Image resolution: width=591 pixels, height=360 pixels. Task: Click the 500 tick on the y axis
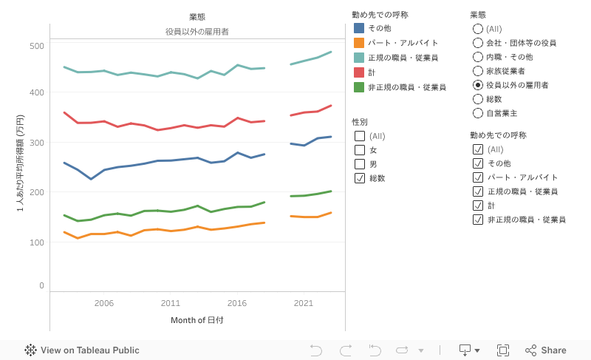coord(36,46)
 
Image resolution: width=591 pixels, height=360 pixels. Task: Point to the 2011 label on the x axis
coord(171,303)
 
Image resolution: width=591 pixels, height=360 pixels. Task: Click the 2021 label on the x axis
coord(304,303)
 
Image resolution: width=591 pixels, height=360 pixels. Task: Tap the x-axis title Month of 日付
coord(197,320)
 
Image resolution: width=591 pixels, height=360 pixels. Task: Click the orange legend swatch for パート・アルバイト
coord(359,43)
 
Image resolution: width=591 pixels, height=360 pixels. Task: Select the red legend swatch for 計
coord(359,72)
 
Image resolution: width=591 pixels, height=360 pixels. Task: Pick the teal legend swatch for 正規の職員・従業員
coord(359,58)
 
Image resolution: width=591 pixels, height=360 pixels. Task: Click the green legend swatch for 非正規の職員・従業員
coord(359,87)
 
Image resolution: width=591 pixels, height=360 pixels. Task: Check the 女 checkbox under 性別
coord(360,150)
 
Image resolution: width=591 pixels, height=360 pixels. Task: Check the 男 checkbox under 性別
coord(360,164)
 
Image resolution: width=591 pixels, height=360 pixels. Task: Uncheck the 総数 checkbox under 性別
coord(360,178)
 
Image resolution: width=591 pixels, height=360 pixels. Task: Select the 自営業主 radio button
coord(477,114)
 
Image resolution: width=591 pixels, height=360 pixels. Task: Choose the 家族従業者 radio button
coord(477,71)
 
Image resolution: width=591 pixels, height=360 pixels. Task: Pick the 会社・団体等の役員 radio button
coord(477,43)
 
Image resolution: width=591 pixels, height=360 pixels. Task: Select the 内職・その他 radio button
coord(477,57)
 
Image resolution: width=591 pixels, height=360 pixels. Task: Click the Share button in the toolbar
coord(546,350)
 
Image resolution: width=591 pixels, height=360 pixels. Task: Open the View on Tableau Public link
coord(82,350)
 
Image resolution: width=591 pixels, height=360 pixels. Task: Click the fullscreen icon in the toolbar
coord(503,350)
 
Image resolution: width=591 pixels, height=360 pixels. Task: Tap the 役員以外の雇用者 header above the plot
coord(197,32)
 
